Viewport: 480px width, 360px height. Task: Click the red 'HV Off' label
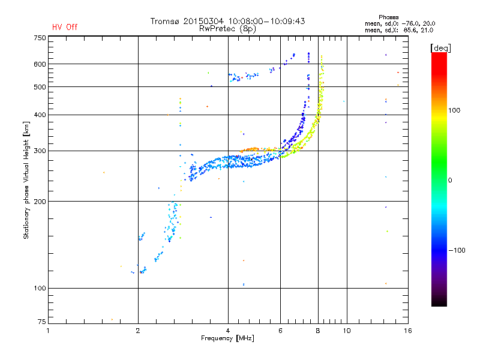coord(65,27)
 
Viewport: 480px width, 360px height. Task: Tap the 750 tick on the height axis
coord(40,38)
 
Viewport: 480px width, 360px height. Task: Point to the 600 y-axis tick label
coord(40,64)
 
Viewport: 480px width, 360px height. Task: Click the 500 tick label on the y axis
coord(40,87)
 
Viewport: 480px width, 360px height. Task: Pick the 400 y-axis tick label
coord(40,115)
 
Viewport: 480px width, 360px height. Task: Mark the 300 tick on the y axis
coord(40,151)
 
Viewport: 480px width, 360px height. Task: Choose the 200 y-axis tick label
coord(40,202)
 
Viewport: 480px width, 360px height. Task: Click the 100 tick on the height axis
coord(40,289)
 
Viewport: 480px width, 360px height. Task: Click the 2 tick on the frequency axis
coord(138,331)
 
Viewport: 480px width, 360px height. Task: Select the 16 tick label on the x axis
coord(407,331)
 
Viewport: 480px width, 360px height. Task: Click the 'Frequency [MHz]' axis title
coord(227,339)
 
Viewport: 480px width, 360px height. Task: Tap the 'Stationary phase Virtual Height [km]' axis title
coord(26,180)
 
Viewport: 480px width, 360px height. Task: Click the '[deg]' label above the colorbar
coord(440,47)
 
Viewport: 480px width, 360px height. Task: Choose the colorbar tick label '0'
coord(451,180)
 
